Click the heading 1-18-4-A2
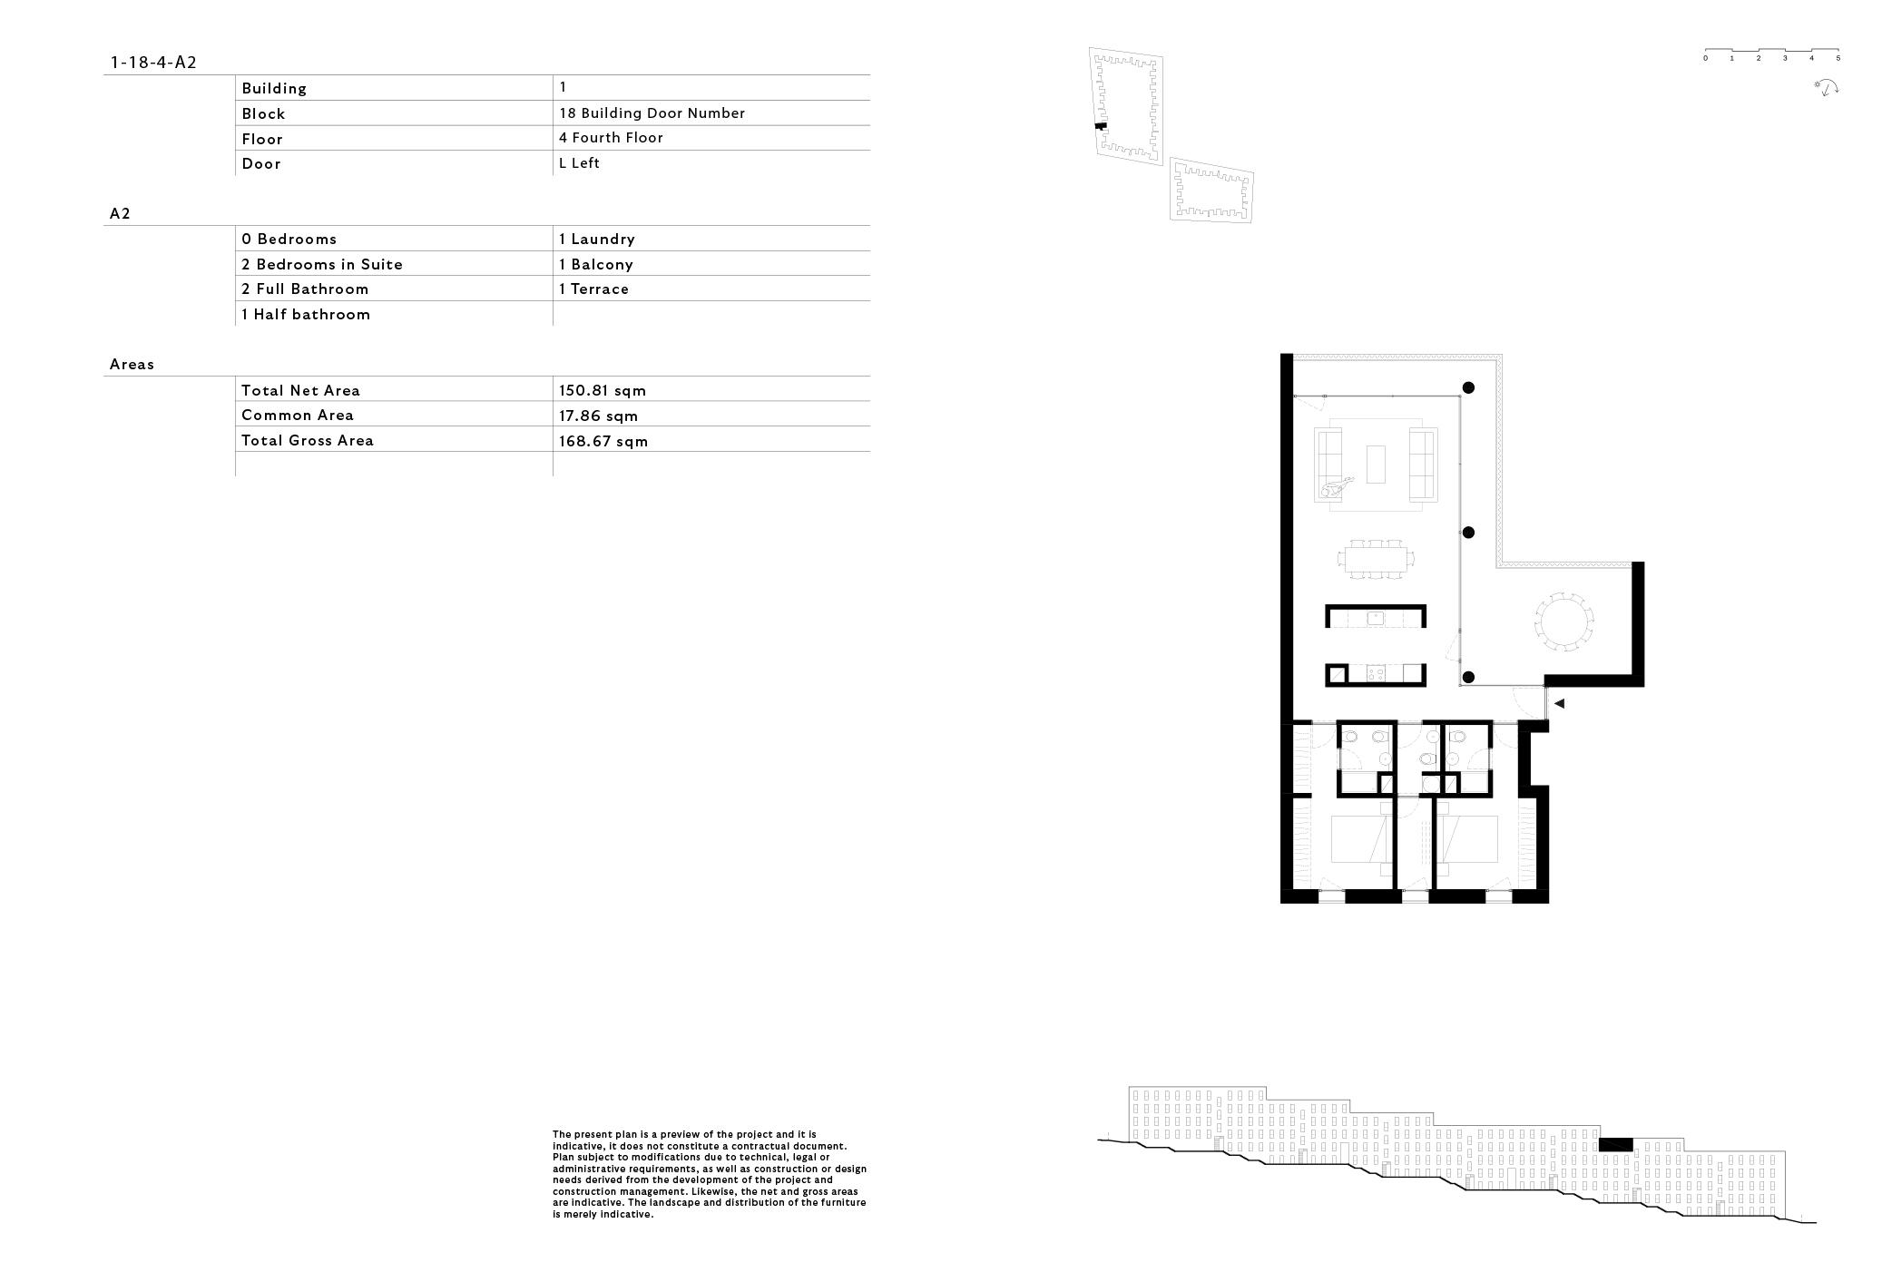coord(153,63)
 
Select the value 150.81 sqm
coord(603,391)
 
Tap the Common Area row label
coord(298,416)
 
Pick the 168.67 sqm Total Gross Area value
coord(603,442)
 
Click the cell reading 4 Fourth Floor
coord(611,138)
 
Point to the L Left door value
coord(579,163)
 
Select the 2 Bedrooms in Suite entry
coord(322,265)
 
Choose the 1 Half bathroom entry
coord(306,315)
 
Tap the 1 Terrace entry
coord(593,289)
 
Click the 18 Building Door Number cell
coord(652,113)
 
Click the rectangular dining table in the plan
coord(1376,559)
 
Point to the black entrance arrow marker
coord(1559,703)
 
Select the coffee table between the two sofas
coord(1376,464)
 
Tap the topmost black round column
coord(1467,388)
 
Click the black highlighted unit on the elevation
coord(1615,1145)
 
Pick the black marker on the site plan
coord(1101,127)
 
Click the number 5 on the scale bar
coord(1838,59)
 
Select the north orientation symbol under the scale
coord(1826,88)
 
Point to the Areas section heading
coord(132,365)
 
